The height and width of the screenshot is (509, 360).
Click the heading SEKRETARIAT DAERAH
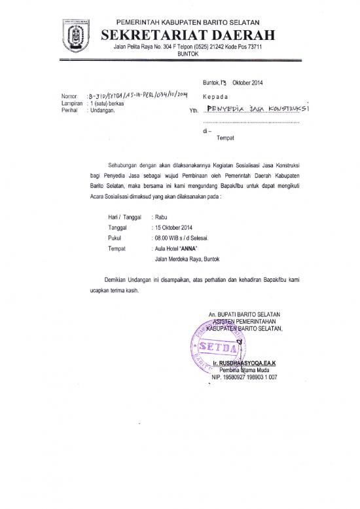187,35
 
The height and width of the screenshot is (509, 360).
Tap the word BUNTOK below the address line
187,54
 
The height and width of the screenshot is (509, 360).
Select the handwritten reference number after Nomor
128,96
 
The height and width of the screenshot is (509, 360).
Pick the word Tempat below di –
225,138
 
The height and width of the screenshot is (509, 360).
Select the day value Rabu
162,216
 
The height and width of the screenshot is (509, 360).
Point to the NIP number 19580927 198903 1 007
245,377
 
